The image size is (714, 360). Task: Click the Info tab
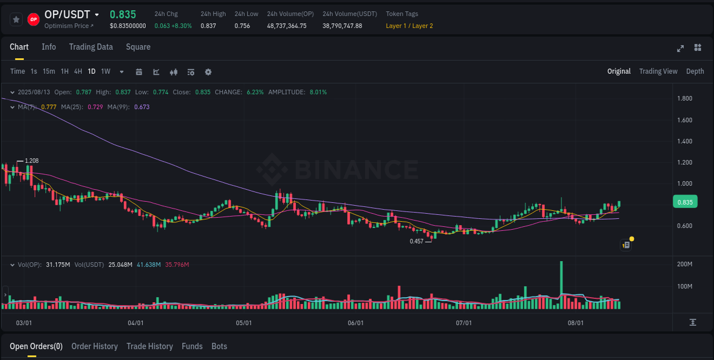[49, 47]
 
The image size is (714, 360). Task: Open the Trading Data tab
[91, 47]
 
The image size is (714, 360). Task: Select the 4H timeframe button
[78, 71]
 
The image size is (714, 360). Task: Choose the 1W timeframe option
[106, 71]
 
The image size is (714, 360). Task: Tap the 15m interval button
[49, 71]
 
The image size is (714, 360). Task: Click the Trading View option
[658, 71]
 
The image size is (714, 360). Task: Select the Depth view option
[695, 71]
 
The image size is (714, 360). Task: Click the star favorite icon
[17, 19]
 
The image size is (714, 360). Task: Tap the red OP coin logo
[34, 19]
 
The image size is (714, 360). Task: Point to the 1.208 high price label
[32, 161]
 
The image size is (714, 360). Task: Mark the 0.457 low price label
[417, 241]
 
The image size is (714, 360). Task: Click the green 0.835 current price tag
[685, 202]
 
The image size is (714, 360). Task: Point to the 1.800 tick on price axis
[684, 99]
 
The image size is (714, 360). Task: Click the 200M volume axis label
[684, 265]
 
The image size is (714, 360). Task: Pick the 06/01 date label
[355, 323]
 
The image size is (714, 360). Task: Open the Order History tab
[94, 346]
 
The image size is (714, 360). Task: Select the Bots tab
[219, 346]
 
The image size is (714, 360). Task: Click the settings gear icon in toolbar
[208, 72]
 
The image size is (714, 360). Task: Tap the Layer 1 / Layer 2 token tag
[409, 26]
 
